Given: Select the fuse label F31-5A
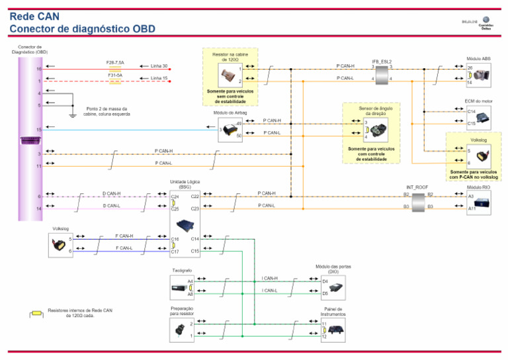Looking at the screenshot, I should (x=115, y=75).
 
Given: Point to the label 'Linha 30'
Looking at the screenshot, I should (x=159, y=66).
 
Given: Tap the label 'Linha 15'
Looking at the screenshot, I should (x=159, y=78).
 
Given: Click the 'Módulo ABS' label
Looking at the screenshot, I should (x=478, y=59).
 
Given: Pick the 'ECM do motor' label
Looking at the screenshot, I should (x=479, y=101).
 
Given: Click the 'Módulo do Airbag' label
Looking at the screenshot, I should (x=230, y=113).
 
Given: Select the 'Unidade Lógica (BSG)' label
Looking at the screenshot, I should (x=185, y=184).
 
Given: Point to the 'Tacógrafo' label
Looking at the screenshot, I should (x=182, y=271).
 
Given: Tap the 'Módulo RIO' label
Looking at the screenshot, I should (x=478, y=187).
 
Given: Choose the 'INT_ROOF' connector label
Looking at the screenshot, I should (x=417, y=187).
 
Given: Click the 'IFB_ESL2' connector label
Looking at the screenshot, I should (x=382, y=61).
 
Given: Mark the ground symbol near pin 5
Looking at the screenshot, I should (x=72, y=116).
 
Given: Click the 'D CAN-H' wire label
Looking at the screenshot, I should (x=112, y=194).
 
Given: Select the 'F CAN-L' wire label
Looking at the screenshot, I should (x=124, y=248).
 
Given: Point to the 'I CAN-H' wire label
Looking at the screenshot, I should (x=270, y=279).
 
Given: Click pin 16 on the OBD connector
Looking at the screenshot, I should (x=39, y=69).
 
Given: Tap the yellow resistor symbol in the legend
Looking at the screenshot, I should (x=36, y=312).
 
